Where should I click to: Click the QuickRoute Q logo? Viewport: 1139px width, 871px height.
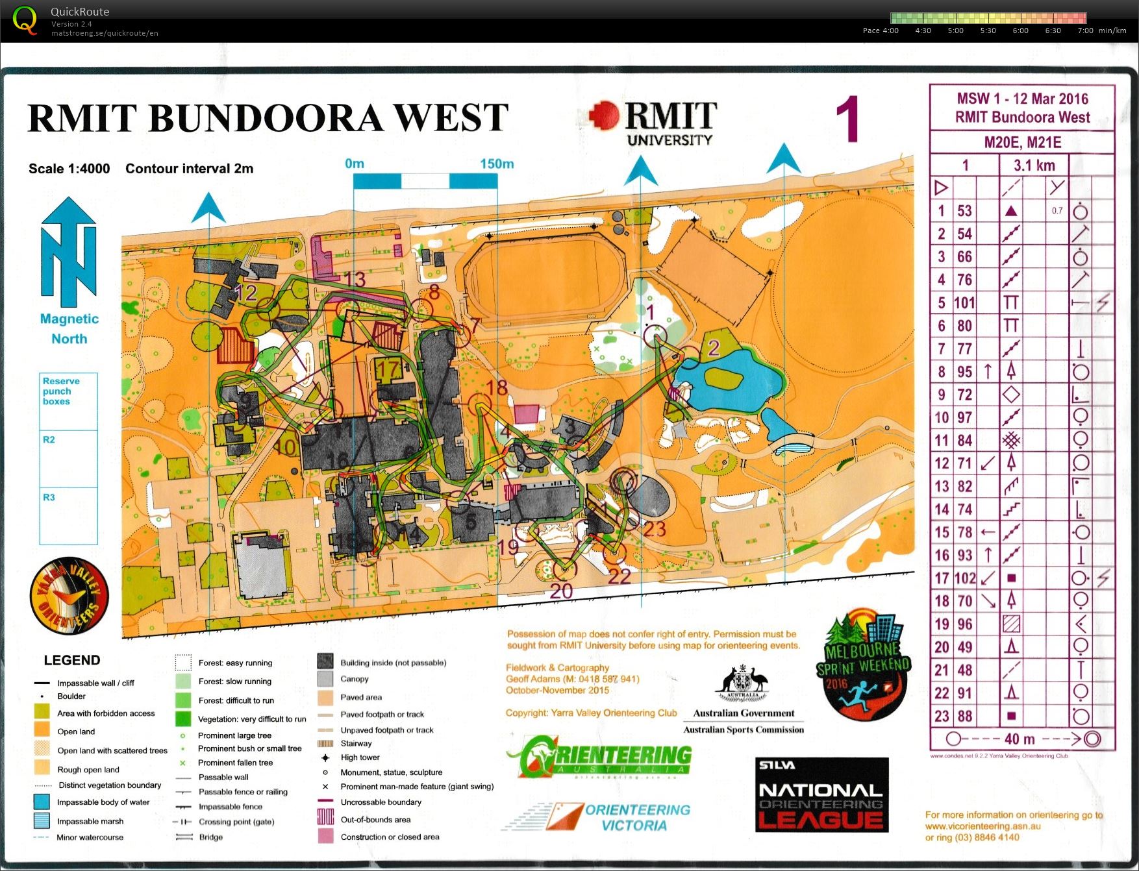[25, 20]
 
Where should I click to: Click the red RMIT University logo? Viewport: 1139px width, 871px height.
[653, 122]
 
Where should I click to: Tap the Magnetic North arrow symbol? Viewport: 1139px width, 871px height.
[69, 253]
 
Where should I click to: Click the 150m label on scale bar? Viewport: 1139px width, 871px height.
[497, 164]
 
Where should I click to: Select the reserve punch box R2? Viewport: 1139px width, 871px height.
[68, 458]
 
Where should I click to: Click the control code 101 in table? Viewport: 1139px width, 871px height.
[964, 303]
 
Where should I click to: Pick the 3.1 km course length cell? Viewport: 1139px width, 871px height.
[1034, 166]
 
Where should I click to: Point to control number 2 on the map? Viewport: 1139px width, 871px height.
[713, 349]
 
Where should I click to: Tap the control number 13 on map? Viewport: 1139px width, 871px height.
[355, 280]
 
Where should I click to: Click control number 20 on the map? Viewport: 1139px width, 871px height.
[561, 591]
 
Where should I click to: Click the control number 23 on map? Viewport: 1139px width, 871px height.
[655, 530]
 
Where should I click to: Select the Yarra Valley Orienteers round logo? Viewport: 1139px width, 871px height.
[69, 596]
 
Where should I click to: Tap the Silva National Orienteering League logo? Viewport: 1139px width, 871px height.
[821, 794]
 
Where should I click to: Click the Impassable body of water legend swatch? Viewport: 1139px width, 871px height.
[42, 802]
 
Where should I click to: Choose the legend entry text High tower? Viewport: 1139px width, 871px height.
[360, 757]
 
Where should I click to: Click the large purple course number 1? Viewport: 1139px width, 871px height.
[847, 120]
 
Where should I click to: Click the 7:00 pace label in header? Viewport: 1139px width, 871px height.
[1085, 31]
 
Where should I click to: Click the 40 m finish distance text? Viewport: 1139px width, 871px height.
[1020, 739]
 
